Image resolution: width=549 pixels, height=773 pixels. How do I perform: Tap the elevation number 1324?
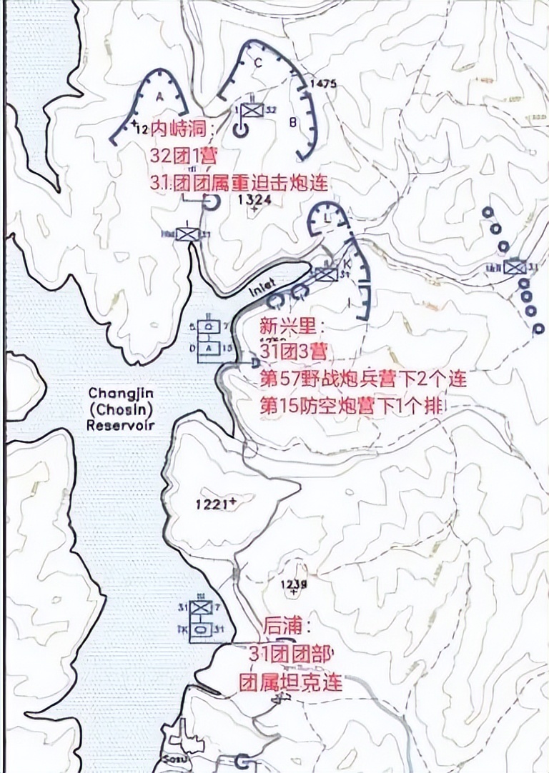[254, 201]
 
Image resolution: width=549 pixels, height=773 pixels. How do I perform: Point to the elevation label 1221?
[214, 504]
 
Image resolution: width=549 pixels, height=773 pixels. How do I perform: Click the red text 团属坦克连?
[291, 682]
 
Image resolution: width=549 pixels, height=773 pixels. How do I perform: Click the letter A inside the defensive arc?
[159, 96]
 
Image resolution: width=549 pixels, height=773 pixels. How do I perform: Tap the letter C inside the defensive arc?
[257, 62]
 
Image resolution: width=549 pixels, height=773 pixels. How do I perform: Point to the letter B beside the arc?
[292, 122]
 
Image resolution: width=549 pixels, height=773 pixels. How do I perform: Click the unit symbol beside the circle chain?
[514, 267]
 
